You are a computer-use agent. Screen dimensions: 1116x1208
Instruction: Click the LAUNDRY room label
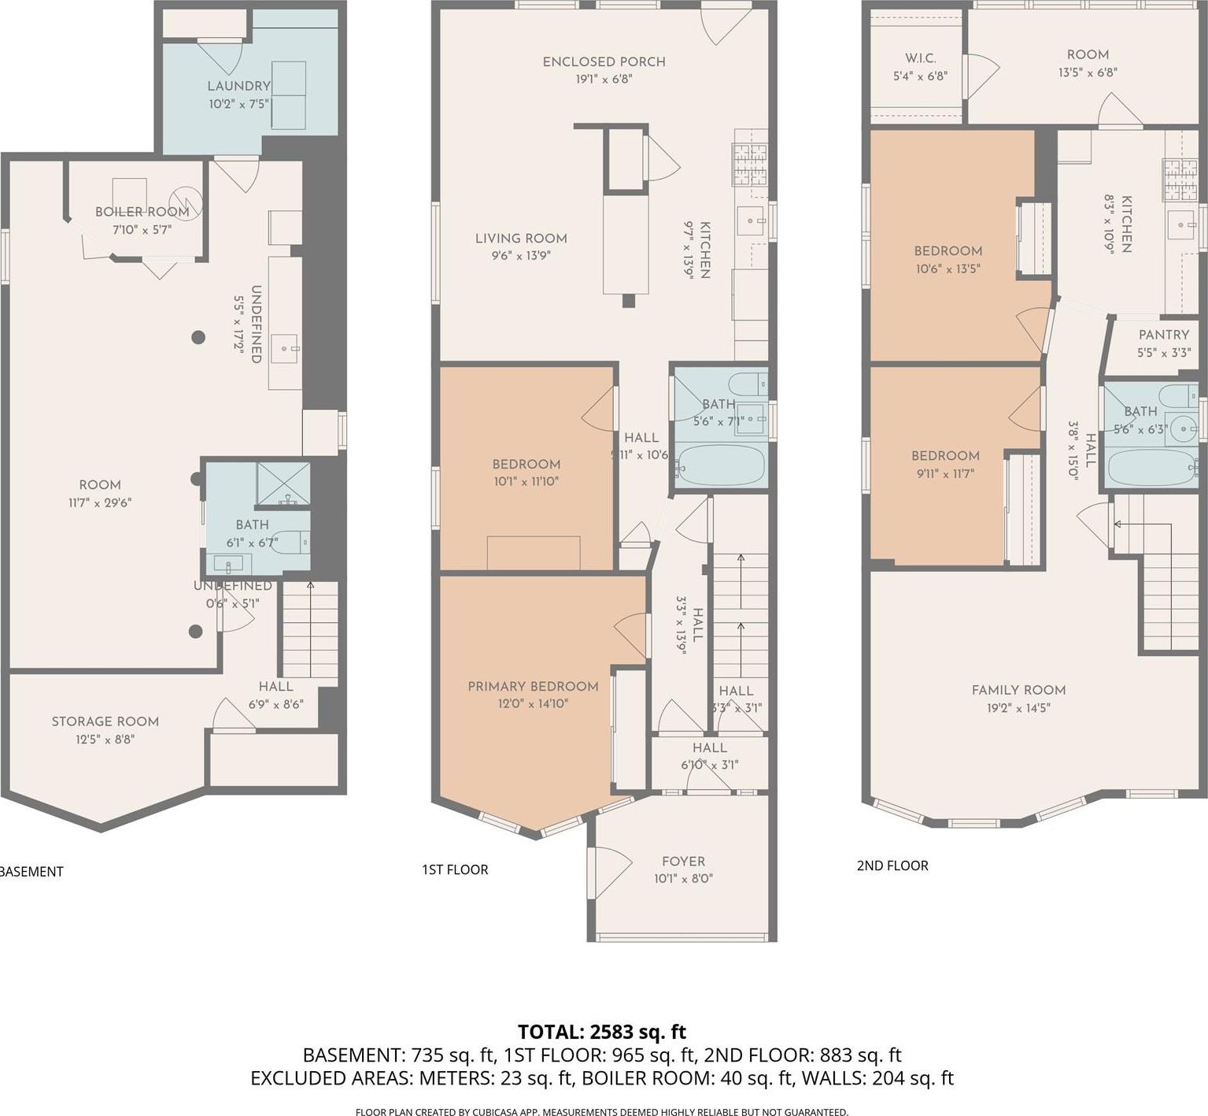point(238,86)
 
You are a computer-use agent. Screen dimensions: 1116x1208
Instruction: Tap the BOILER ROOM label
point(142,212)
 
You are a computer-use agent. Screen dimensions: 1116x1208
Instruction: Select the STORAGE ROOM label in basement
point(105,721)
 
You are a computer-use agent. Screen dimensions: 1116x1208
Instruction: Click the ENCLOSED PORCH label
point(604,61)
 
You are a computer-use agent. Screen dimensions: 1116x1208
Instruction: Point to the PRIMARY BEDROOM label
point(533,687)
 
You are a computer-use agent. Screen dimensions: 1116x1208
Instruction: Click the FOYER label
point(683,862)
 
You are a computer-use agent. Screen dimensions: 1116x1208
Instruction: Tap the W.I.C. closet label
point(920,59)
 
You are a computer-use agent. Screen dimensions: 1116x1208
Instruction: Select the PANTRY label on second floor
point(1164,335)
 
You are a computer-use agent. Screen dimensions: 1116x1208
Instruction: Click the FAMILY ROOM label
point(1018,690)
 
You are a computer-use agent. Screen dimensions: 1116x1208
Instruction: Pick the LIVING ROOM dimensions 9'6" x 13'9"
point(520,256)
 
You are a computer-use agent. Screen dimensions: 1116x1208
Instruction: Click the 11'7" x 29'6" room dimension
point(99,502)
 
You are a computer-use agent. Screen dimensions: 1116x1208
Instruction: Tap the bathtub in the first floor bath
point(721,465)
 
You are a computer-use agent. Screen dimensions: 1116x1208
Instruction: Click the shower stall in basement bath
point(283,483)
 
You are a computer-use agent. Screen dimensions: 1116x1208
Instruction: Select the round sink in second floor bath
point(1182,430)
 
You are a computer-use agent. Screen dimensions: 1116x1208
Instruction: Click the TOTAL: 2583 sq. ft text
point(602,1032)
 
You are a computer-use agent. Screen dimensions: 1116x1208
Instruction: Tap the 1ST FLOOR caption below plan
point(455,869)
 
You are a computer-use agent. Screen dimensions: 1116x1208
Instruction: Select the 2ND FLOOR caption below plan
point(892,866)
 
